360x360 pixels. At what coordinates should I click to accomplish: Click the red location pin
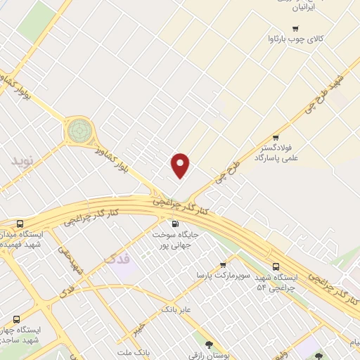(x=181, y=164)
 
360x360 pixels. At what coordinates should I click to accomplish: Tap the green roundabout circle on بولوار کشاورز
(x=79, y=131)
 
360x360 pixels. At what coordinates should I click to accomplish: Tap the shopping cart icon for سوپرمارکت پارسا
(x=224, y=265)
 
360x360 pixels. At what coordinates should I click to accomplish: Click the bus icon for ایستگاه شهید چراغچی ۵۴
(x=276, y=266)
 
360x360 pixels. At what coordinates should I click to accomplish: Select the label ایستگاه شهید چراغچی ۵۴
(x=275, y=282)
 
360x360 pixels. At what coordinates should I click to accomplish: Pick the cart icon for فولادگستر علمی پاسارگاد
(x=276, y=138)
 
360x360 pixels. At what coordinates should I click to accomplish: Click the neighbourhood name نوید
(x=21, y=160)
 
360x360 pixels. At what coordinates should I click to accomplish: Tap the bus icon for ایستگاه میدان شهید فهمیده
(x=19, y=223)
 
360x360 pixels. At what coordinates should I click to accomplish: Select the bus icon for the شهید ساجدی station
(x=16, y=319)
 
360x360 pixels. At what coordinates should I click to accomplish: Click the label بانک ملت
(x=134, y=352)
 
